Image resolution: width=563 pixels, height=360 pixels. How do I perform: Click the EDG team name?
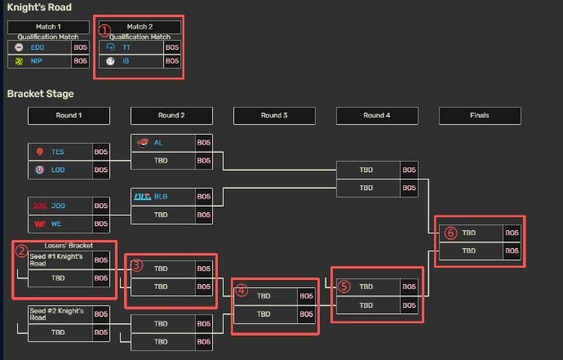38,47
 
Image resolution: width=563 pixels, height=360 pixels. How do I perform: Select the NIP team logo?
19,61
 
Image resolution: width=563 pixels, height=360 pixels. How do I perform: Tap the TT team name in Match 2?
126,47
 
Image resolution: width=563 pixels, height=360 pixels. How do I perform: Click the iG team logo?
110,61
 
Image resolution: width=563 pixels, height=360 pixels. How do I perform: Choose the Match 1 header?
48,27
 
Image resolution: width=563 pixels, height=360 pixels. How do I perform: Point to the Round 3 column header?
274,116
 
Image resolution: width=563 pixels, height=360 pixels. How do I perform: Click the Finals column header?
480,116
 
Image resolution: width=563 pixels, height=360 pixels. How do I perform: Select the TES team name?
57,152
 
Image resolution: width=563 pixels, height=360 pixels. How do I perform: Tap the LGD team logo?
39,170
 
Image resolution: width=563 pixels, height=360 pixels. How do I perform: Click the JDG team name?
58,206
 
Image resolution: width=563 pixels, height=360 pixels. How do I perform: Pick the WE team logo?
39,224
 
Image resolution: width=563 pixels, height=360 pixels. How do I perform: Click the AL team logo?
143,143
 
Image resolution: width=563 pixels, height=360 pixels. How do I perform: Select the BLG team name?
161,197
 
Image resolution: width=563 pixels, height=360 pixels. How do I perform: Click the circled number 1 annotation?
104,30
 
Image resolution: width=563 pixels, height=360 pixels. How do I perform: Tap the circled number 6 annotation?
450,233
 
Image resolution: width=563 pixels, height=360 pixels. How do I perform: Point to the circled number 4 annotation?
242,291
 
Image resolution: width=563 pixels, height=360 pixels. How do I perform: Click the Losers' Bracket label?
69,246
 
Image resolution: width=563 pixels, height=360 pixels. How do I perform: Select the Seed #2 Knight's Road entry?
57,314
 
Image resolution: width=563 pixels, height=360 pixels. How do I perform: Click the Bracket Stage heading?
40,94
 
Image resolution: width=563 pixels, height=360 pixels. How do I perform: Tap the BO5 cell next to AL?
204,143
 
